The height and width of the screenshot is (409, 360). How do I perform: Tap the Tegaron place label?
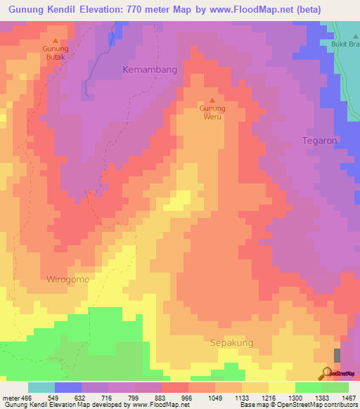coord(319,141)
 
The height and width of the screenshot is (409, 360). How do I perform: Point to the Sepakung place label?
coord(231,343)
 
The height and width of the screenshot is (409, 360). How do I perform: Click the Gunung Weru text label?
coord(212,112)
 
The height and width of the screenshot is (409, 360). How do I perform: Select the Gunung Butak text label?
coord(56,53)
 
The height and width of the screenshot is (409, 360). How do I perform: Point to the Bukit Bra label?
coord(345,43)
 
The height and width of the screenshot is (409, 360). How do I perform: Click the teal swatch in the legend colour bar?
coord(41,387)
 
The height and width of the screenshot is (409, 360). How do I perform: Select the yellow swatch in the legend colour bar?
coord(281,387)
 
